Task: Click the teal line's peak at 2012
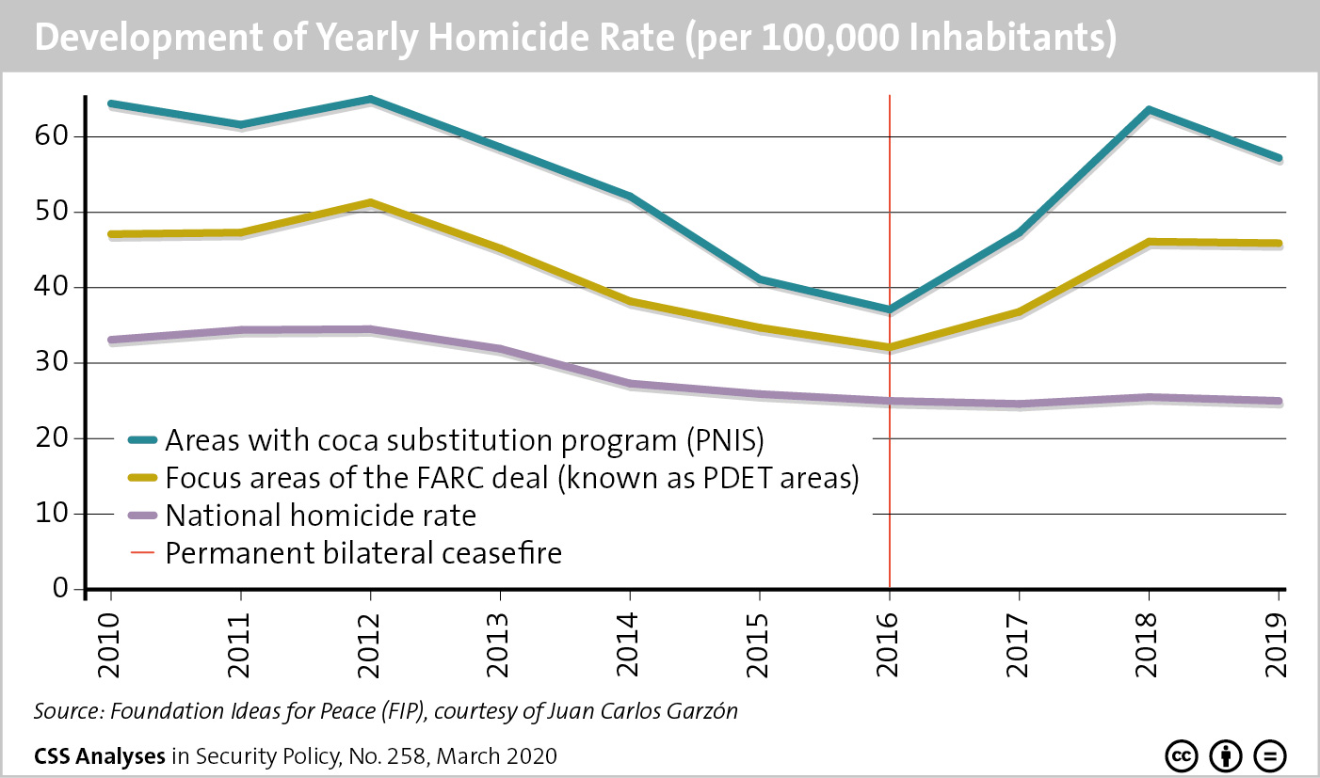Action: click(370, 99)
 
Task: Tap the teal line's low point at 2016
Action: click(889, 309)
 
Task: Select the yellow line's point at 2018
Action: click(1149, 242)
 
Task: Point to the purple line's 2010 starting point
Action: click(111, 340)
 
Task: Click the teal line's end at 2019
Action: click(1278, 158)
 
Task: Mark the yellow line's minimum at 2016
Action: click(889, 347)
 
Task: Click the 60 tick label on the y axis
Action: click(58, 136)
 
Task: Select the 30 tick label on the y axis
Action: click(58, 363)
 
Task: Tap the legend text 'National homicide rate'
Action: click(320, 516)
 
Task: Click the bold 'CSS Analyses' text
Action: click(100, 755)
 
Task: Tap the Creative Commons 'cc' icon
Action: click(1181, 755)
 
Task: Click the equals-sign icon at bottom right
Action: click(1270, 755)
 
